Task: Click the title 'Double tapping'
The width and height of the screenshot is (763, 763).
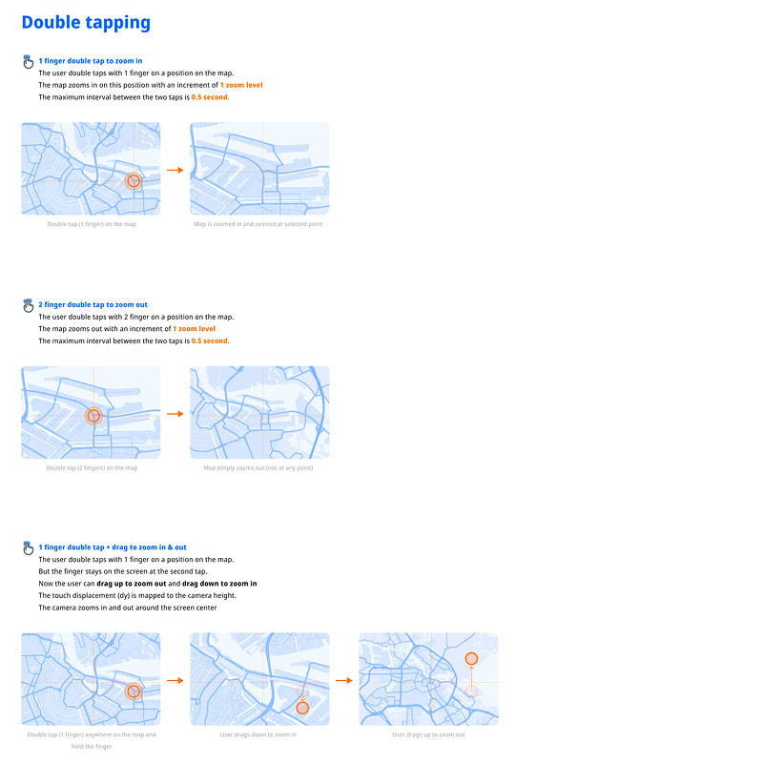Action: coord(86,22)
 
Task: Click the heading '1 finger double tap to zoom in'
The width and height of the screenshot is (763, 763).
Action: coord(91,60)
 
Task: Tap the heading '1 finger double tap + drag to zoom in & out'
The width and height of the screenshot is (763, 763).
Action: coord(113,547)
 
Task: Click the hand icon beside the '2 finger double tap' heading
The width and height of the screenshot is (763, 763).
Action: coord(28,305)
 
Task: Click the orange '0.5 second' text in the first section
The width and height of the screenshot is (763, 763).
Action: coord(210,97)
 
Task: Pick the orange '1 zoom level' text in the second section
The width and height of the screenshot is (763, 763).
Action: coord(194,328)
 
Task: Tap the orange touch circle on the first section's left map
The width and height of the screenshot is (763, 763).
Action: coord(134,180)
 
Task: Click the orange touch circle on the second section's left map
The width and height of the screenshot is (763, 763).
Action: coord(93,415)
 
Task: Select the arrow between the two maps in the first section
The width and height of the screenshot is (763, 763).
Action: coord(175,170)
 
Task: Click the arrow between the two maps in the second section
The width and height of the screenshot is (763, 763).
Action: coord(175,414)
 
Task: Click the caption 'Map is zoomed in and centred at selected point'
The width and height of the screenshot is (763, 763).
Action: coord(258,224)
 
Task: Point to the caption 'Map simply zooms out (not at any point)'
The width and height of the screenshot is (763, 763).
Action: coord(258,468)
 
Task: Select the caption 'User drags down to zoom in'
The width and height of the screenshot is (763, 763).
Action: coord(258,735)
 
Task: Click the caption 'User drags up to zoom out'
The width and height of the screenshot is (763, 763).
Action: coord(428,735)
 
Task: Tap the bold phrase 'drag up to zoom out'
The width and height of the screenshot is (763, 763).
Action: coord(132,583)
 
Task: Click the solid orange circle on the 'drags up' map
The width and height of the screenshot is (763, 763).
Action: coord(470,659)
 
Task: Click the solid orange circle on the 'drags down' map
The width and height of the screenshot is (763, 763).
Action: coord(302,708)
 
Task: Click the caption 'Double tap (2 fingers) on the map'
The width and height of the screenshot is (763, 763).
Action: coord(92,468)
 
